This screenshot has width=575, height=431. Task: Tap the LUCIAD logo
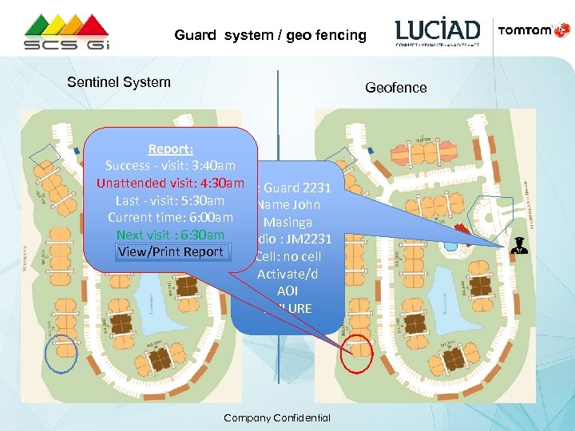(438, 32)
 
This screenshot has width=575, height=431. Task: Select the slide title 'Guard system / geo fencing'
(271, 35)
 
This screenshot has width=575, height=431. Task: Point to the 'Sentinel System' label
(119, 82)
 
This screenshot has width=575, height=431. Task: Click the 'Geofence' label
(396, 88)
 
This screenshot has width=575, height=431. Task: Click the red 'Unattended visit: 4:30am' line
(170, 183)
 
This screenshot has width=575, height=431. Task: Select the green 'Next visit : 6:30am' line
(170, 235)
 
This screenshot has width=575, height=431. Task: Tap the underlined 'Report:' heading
(170, 148)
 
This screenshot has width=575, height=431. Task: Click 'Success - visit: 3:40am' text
(170, 166)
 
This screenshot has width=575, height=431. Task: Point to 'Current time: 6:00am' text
(170, 218)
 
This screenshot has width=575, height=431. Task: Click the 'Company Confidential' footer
(277, 418)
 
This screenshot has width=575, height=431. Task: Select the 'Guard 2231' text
(292, 188)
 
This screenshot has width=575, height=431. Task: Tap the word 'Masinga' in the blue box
(287, 222)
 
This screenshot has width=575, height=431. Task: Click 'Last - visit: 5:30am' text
(170, 200)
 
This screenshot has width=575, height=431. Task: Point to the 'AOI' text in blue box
(287, 291)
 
